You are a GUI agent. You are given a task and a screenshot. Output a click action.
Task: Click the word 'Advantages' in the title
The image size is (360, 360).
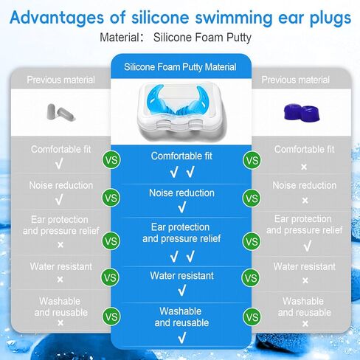(x=57, y=18)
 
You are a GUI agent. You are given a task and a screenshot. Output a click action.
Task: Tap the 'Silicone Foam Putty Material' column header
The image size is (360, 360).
(x=180, y=67)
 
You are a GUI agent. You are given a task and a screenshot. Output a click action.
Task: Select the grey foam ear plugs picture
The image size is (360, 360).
(x=61, y=113)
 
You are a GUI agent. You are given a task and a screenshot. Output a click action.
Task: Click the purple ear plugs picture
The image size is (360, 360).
(x=302, y=113)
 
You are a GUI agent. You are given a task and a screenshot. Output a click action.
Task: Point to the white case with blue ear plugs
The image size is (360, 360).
(x=181, y=110)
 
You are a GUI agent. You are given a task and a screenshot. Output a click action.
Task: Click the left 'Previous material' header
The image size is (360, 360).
(x=60, y=80)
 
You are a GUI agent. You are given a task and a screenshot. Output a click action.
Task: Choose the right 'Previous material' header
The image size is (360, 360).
(x=295, y=80)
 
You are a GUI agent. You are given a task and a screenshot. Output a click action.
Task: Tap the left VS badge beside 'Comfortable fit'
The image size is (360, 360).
(x=111, y=160)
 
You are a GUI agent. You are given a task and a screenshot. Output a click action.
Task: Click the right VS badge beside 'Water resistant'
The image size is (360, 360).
(x=251, y=278)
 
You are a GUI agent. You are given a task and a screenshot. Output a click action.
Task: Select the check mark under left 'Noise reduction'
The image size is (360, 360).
(x=59, y=199)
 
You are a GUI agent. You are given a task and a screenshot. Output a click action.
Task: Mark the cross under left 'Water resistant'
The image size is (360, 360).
(x=60, y=280)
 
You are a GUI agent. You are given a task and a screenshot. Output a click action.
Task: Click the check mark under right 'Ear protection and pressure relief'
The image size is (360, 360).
(x=308, y=246)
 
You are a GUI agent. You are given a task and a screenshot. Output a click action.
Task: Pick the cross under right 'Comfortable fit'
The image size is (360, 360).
(x=304, y=167)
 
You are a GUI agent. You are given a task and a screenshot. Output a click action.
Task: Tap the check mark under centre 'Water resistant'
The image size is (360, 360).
(x=182, y=291)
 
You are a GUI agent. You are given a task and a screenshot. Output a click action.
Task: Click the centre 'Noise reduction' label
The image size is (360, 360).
(x=181, y=193)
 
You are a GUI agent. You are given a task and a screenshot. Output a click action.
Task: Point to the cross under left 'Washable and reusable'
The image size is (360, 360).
(x=60, y=322)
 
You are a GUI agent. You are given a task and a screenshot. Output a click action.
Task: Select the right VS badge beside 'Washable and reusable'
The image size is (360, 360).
(x=252, y=317)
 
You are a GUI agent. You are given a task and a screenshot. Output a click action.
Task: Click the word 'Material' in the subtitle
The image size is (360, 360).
(x=120, y=38)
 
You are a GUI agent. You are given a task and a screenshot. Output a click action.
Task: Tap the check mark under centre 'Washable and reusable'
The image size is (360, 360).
(x=182, y=338)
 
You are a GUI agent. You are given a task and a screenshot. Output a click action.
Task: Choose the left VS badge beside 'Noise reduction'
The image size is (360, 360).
(x=111, y=198)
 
